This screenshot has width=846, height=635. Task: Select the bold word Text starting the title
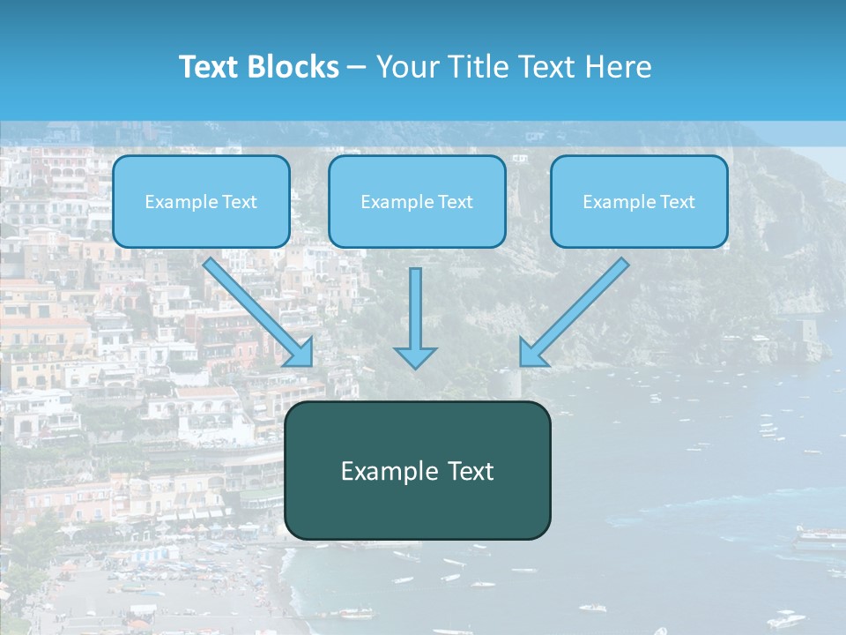[211, 67]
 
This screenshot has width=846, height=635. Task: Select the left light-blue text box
[201, 202]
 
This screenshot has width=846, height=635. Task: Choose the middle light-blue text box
[417, 202]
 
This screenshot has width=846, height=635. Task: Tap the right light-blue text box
[639, 202]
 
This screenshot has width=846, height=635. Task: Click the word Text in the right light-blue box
[677, 202]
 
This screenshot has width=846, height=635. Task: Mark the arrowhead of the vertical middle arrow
[415, 356]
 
